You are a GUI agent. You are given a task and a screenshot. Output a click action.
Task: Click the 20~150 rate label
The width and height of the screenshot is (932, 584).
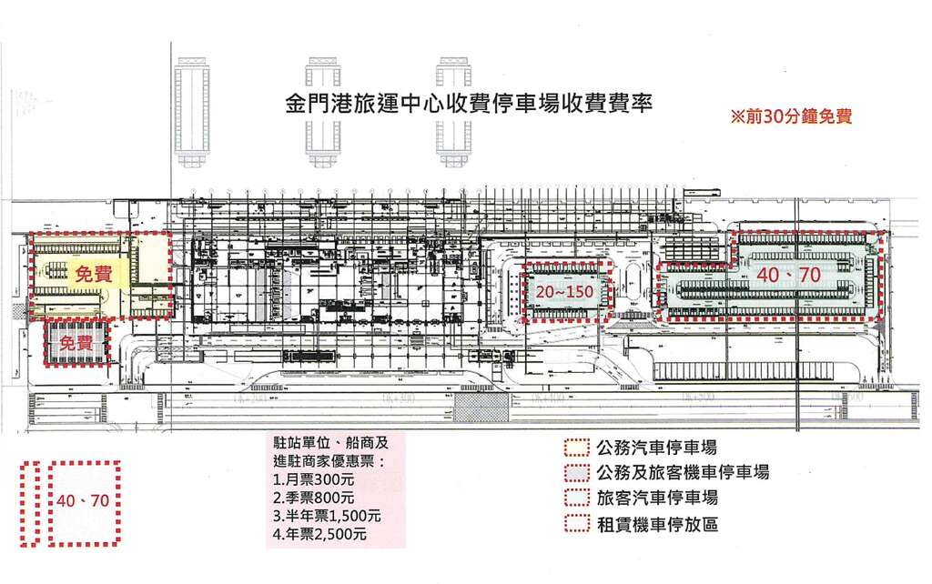click(564, 292)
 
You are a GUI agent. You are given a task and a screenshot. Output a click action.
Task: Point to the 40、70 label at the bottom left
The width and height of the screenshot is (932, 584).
click(82, 500)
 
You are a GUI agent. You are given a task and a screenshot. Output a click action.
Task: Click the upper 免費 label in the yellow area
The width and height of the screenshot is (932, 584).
click(94, 273)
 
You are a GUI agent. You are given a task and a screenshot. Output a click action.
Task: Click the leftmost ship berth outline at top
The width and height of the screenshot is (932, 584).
click(192, 110)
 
